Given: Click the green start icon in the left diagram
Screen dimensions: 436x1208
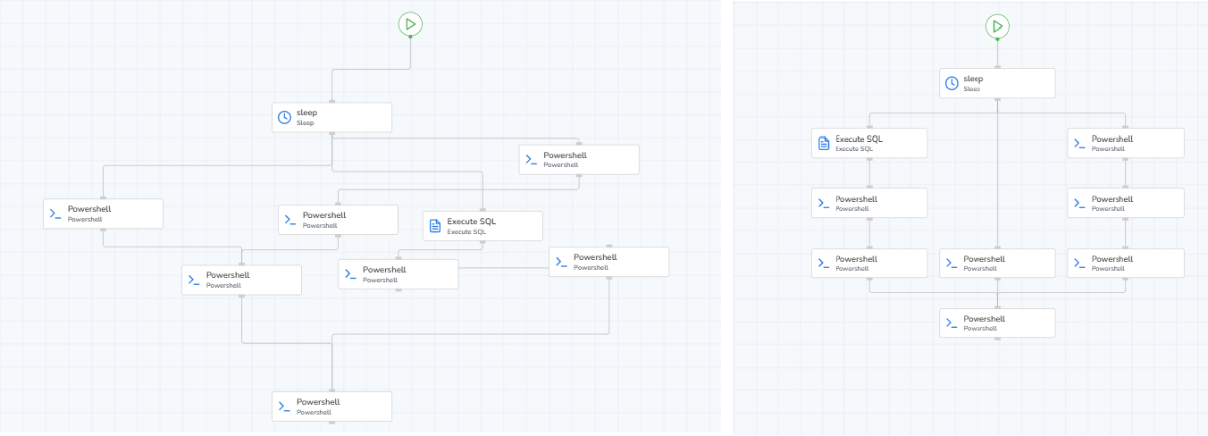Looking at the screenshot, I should tap(410, 24).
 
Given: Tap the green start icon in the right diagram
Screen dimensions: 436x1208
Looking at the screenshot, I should tap(997, 26).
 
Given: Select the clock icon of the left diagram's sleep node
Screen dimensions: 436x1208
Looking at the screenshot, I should tap(284, 117).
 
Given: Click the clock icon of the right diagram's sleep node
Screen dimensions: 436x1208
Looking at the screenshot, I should tap(952, 83).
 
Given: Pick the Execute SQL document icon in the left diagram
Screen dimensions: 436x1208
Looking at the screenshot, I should tap(435, 226).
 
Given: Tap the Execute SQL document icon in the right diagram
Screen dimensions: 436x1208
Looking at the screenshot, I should tap(824, 143).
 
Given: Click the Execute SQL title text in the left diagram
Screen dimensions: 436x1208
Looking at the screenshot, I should tap(471, 222).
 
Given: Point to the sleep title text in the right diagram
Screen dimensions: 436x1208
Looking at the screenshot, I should tap(973, 79).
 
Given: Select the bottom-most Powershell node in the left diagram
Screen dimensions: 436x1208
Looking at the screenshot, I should tap(331, 407).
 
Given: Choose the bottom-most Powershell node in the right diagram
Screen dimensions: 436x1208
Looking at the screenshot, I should tap(997, 323).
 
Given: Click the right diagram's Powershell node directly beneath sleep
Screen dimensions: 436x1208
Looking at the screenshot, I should tap(997, 263).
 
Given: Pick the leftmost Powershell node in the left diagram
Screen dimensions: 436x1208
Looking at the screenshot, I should tap(103, 214).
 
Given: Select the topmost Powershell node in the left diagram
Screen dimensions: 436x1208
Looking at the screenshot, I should tap(579, 159).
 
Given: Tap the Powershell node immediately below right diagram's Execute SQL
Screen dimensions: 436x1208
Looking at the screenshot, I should tap(869, 203).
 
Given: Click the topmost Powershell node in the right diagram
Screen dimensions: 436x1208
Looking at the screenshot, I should tap(1126, 143).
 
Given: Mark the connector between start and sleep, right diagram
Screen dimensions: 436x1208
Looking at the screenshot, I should tap(997, 53).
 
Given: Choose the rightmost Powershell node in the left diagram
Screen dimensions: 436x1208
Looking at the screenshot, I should tap(608, 262).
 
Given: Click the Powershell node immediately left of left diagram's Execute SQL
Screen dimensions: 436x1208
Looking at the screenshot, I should tap(338, 220).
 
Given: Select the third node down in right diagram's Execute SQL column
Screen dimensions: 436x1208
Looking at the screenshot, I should tap(869, 263).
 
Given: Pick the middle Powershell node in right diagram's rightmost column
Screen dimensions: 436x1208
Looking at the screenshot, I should tap(1126, 203).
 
